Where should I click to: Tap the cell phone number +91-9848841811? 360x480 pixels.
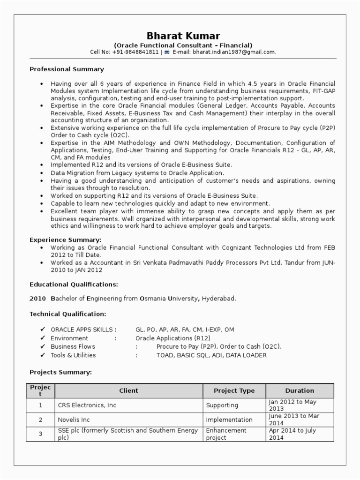click(135, 52)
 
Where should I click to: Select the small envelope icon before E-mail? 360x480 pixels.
click(166, 52)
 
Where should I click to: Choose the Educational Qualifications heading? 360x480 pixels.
click(74, 284)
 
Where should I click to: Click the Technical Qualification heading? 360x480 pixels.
click(67, 314)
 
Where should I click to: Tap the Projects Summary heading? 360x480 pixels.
click(60, 372)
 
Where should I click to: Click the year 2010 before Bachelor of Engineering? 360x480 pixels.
click(37, 298)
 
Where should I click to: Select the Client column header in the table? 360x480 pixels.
click(128, 390)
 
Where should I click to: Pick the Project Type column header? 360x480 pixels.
click(234, 390)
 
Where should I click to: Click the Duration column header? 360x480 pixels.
click(300, 390)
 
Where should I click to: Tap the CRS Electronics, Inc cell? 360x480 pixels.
click(87, 405)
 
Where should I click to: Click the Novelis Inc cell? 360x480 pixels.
click(74, 420)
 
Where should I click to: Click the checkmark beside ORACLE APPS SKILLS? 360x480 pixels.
click(43, 330)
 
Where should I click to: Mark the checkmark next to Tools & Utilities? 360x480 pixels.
click(43, 355)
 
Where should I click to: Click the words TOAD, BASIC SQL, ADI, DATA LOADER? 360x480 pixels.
click(211, 355)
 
